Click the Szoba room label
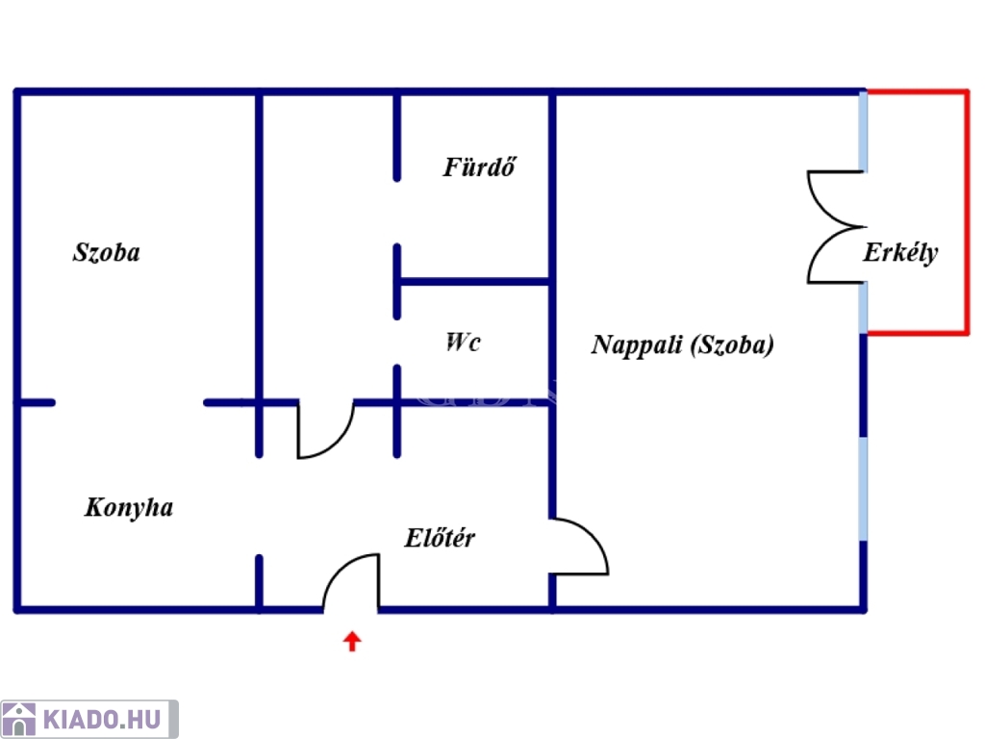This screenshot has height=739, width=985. (x=107, y=253)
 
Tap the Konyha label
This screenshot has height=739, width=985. (x=129, y=508)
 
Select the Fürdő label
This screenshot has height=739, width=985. (x=479, y=167)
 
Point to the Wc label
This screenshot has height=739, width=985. (x=463, y=343)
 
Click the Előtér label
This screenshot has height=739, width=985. (x=440, y=538)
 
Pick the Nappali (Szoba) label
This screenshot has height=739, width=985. (x=683, y=345)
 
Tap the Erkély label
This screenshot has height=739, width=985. (x=900, y=253)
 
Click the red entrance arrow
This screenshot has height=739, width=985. (x=352, y=642)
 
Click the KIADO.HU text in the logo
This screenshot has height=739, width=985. (x=102, y=720)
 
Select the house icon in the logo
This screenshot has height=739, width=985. (x=19, y=720)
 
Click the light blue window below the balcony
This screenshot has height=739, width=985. (x=864, y=488)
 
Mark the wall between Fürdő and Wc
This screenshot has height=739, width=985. (x=474, y=282)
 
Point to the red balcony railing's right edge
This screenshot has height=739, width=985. (x=966, y=213)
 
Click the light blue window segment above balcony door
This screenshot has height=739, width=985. (x=864, y=131)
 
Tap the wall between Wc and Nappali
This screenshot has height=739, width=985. (x=552, y=343)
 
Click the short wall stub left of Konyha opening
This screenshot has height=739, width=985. (x=36, y=402)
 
